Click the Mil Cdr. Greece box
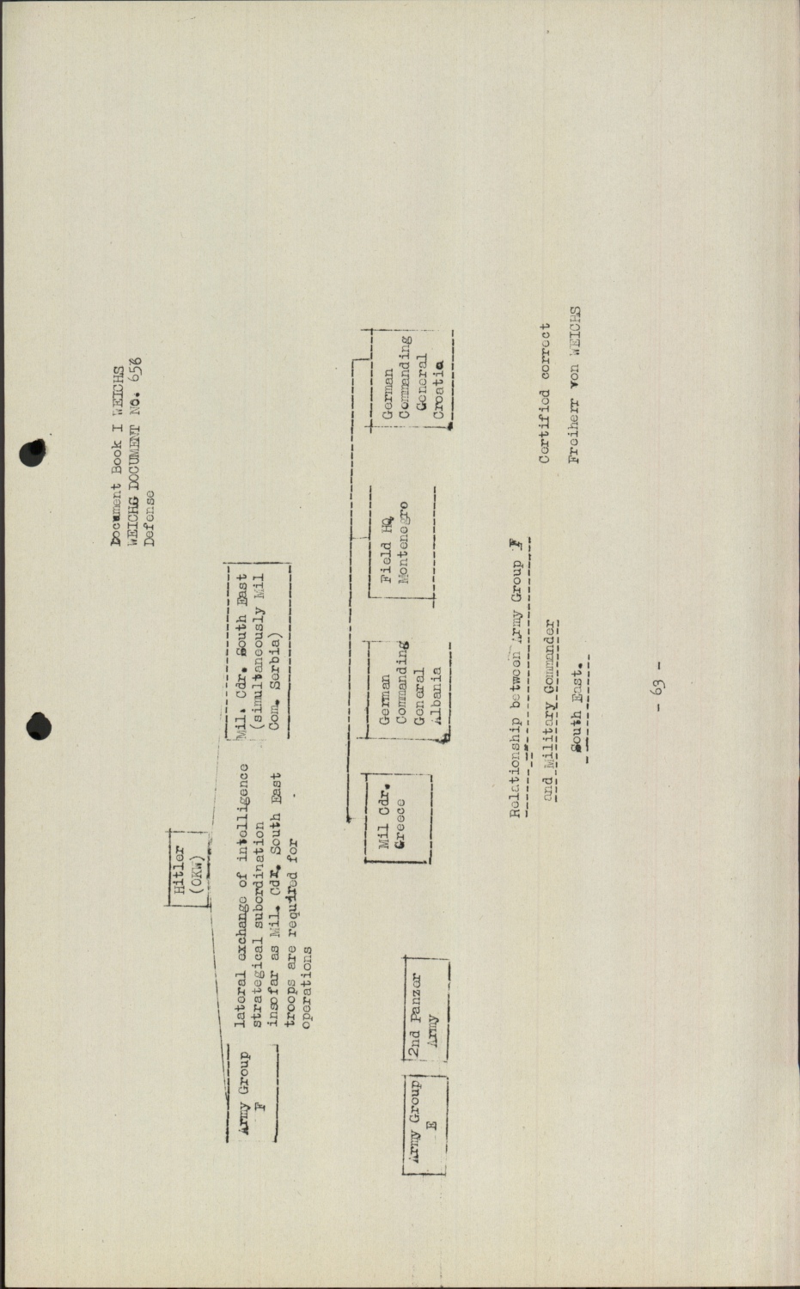pos(398,816)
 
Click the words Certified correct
pos(545,394)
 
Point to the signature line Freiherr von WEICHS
pos(575,384)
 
